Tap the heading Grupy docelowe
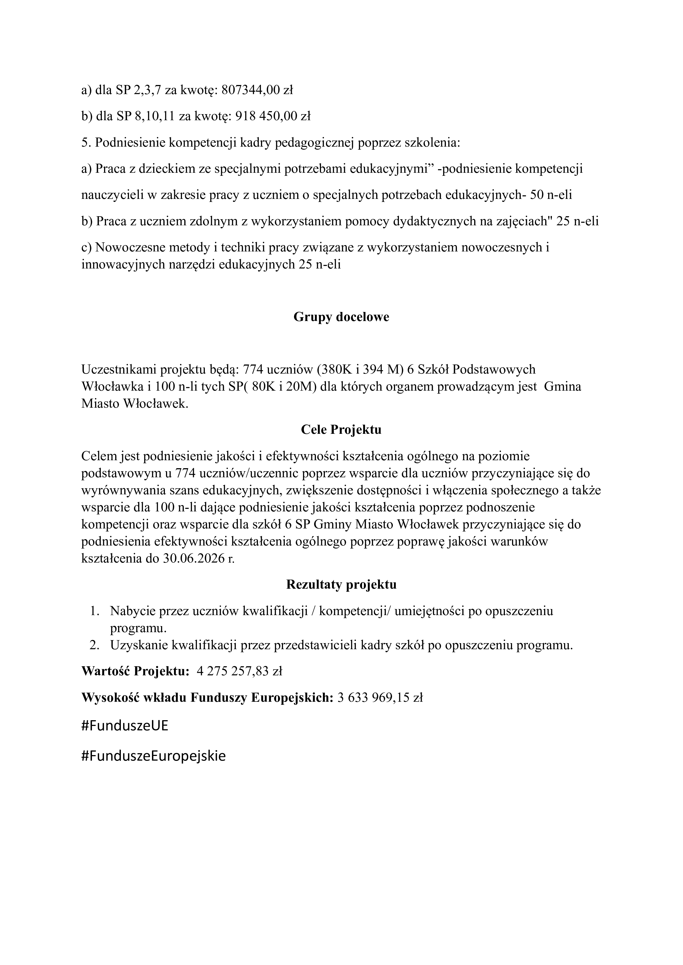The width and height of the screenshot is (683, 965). click(341, 317)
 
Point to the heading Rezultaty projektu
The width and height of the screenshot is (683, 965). click(341, 585)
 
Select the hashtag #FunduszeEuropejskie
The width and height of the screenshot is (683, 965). click(154, 756)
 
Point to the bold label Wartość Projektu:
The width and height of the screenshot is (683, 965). click(135, 672)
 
